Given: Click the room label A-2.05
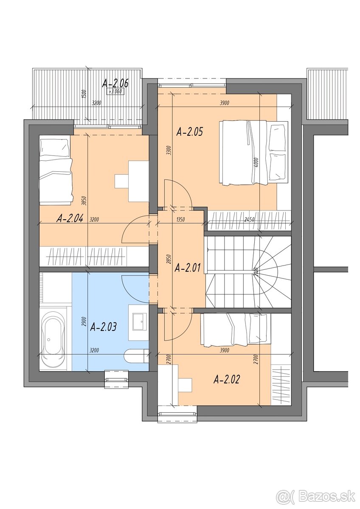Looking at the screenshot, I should pos(189,132).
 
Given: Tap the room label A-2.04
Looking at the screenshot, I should pos(70,218).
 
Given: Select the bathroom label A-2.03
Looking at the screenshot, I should pos(104,327).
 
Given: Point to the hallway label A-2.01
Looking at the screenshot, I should pos(187,268).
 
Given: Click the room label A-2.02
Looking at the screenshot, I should pos(226,379).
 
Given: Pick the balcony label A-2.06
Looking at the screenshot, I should pos(115,83).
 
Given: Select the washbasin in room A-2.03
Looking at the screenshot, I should pos(139,322).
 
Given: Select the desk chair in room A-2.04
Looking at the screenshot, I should pos(121,181).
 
